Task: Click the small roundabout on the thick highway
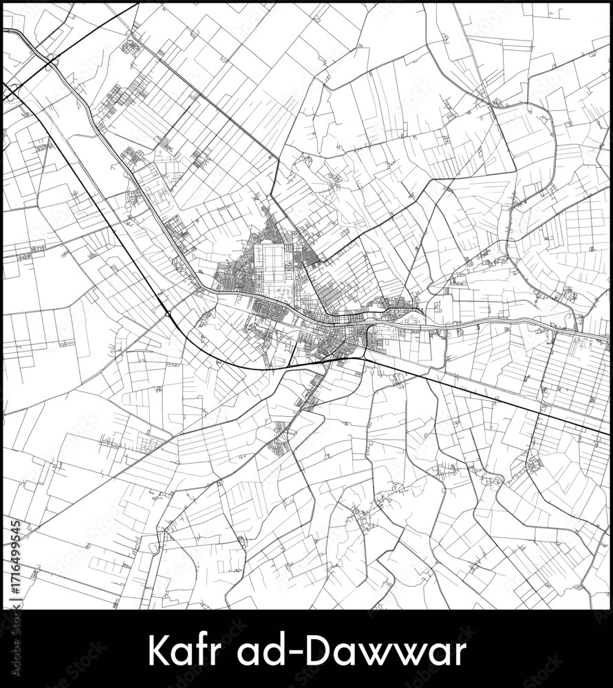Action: tap(168, 314)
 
